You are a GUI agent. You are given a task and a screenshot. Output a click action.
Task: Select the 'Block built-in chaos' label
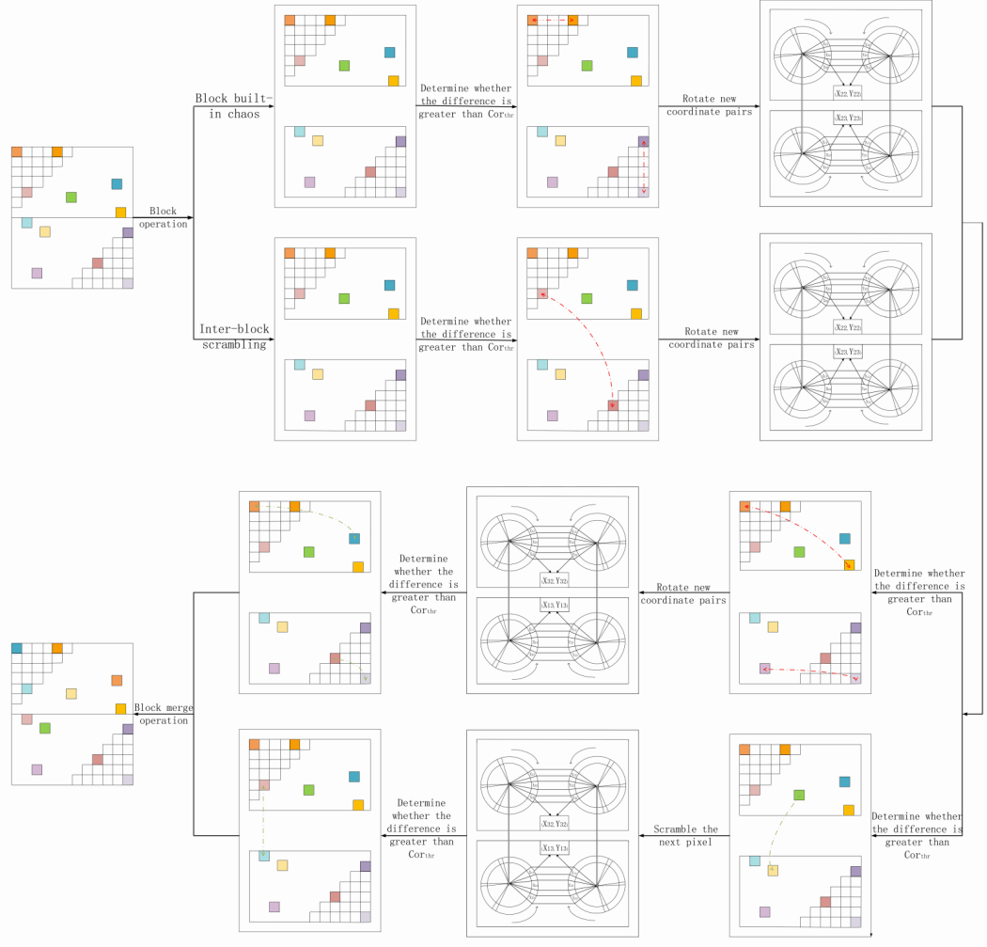coord(233,106)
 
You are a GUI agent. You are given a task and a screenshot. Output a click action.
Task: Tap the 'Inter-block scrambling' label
coord(233,337)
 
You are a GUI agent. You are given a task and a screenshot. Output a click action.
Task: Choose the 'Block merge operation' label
coord(163,714)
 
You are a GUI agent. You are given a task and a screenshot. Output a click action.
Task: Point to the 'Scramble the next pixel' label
coord(685,836)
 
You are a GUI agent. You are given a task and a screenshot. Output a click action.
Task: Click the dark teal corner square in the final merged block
coord(17,649)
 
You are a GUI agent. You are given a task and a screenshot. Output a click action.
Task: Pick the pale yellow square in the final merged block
coord(70,693)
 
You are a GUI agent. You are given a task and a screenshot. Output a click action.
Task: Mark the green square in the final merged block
coord(44,728)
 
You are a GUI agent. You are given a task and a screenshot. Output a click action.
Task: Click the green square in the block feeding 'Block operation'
coord(71,197)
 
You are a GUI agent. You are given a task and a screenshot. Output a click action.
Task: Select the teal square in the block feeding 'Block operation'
coord(117,184)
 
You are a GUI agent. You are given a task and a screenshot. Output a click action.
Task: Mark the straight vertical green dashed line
coord(264,819)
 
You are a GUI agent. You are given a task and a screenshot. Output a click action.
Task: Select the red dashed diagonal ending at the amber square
coord(799,534)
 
